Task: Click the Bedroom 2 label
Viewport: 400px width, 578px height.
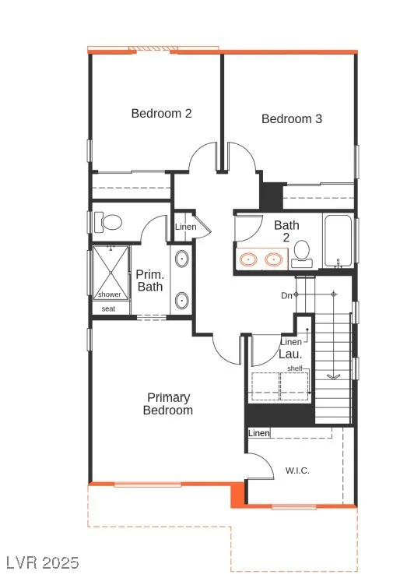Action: [x=161, y=113]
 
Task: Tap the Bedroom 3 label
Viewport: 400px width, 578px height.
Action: [x=292, y=118]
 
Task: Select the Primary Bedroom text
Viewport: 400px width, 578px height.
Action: [x=168, y=404]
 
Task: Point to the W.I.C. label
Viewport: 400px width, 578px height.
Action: [x=297, y=471]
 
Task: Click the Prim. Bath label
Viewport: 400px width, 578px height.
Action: [x=150, y=280]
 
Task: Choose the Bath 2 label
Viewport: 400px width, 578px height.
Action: [x=286, y=231]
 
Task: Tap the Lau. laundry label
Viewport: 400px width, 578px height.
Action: [x=290, y=354]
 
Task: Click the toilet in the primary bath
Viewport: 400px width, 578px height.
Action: [x=108, y=222]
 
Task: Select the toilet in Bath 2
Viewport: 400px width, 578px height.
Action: [x=302, y=254]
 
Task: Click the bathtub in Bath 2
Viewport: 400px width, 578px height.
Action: [x=338, y=241]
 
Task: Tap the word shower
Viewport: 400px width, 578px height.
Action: [x=110, y=294]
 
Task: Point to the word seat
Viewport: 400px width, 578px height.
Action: [x=108, y=309]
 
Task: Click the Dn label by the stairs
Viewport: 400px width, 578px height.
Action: [x=287, y=295]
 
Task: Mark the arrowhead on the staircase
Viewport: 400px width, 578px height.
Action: [x=333, y=376]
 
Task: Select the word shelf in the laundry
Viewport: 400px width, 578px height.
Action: [x=295, y=368]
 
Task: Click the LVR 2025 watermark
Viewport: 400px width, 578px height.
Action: [x=43, y=563]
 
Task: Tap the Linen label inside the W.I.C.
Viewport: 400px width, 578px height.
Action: [x=259, y=433]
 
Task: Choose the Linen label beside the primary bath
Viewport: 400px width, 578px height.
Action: [x=186, y=227]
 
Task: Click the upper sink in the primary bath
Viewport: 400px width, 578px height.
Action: [x=181, y=259]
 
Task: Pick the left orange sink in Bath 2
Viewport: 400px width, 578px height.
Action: [x=248, y=259]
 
